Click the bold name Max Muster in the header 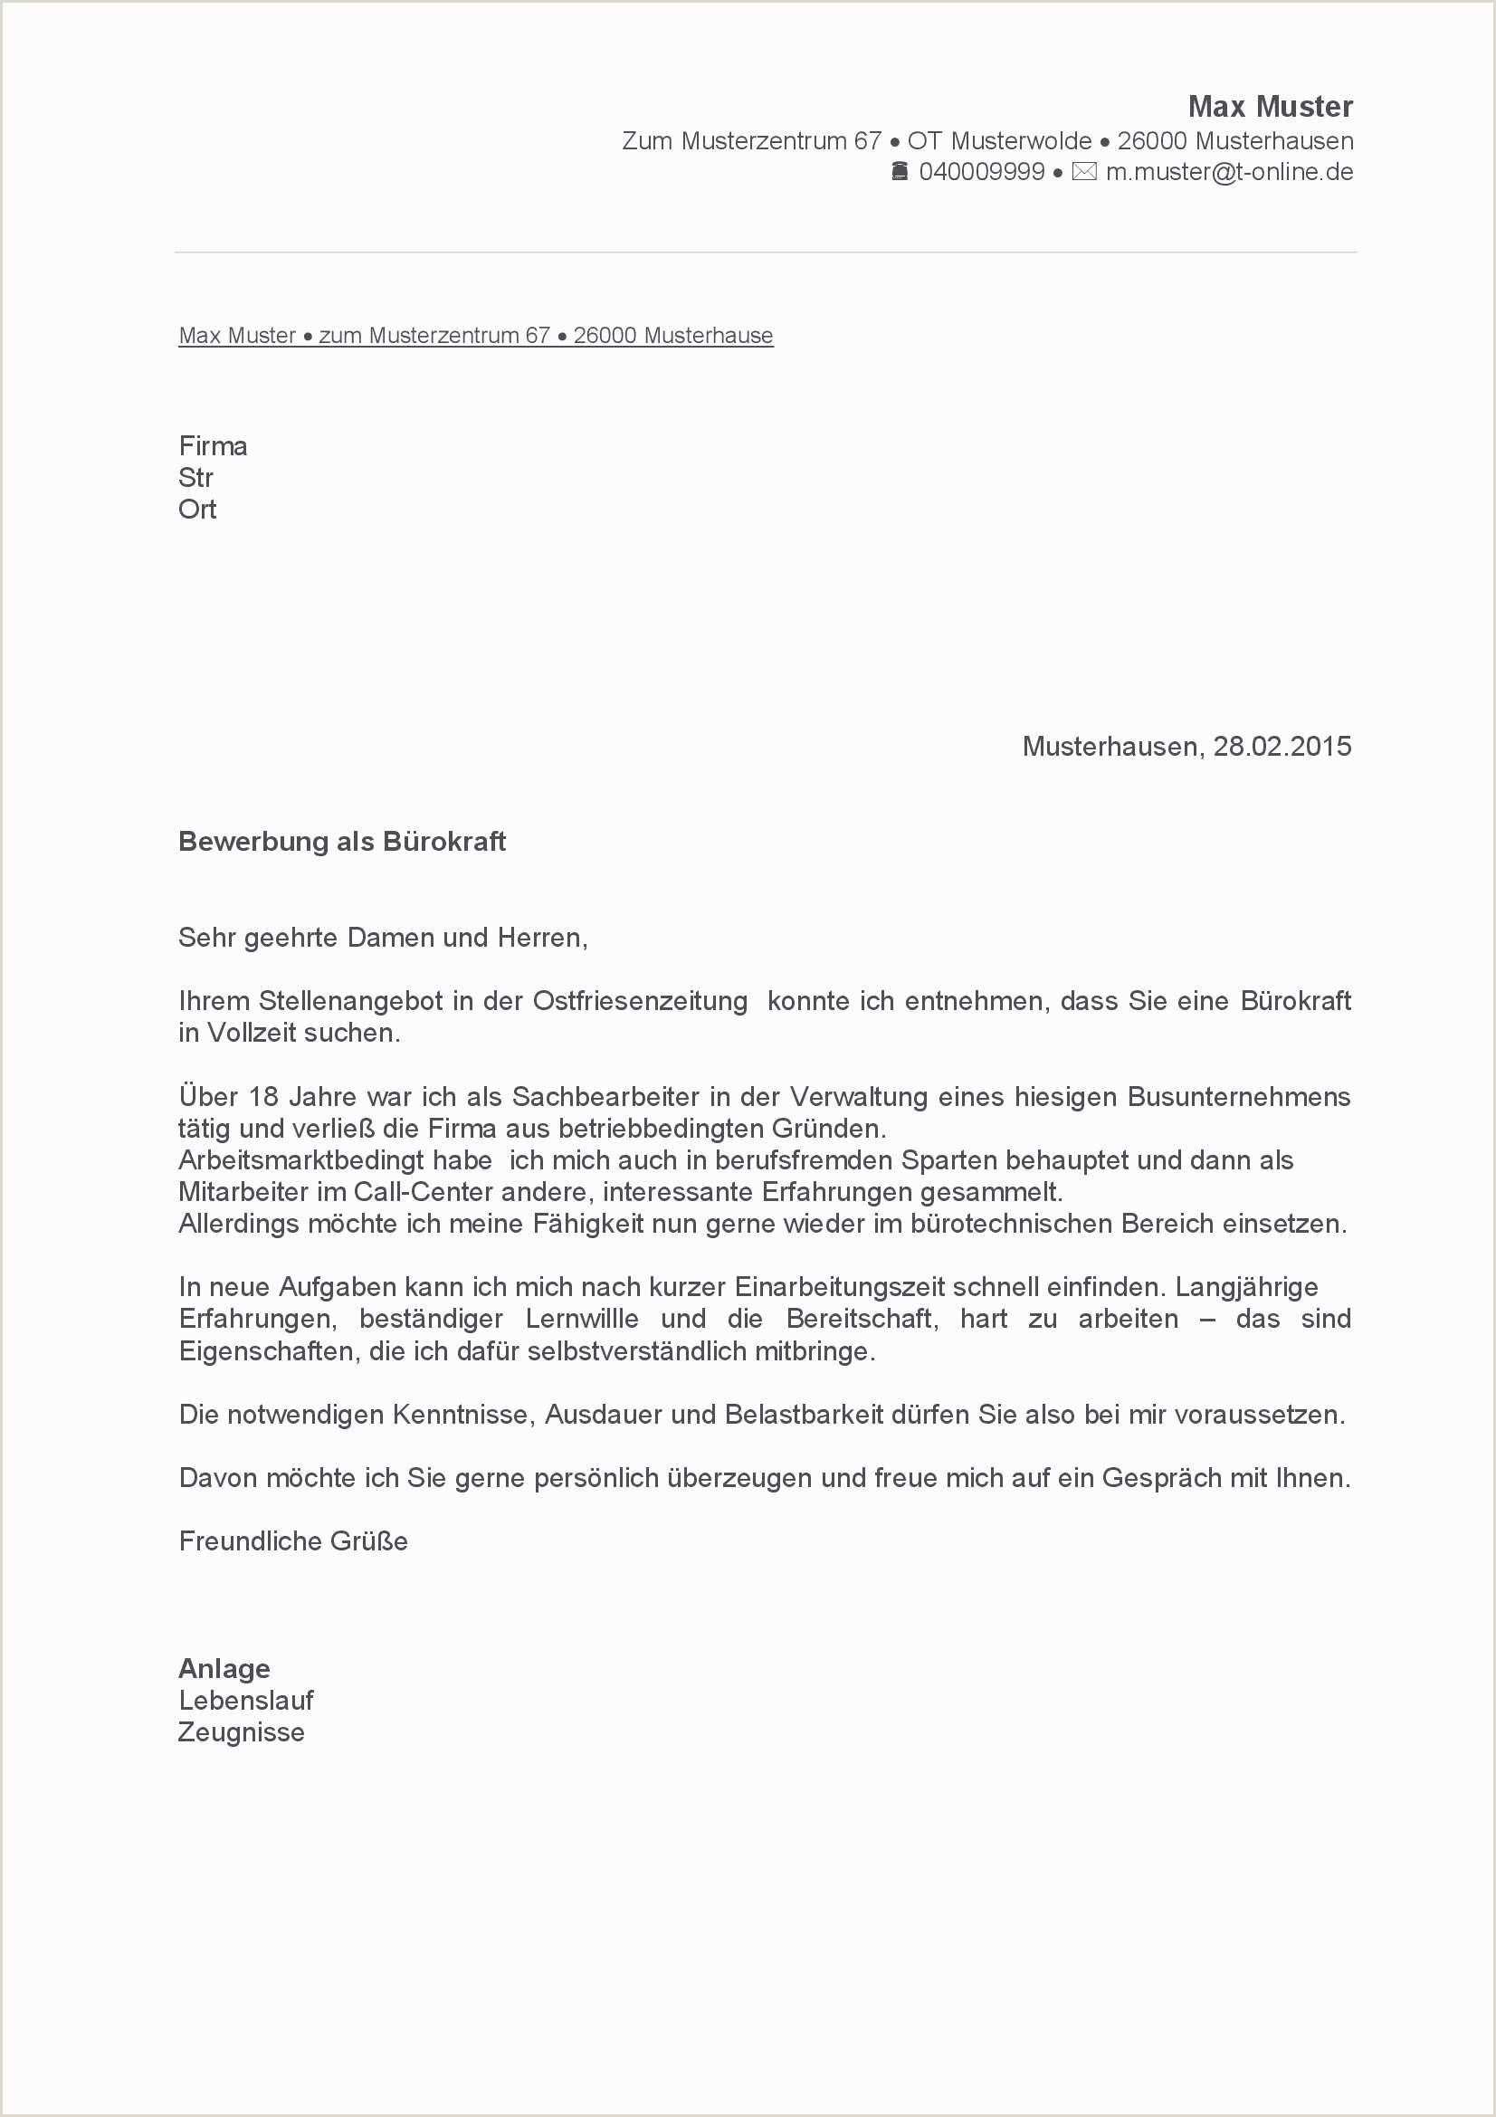pyautogui.click(x=1269, y=107)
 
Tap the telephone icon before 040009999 pyautogui.click(x=900, y=171)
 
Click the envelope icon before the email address pyautogui.click(x=1084, y=171)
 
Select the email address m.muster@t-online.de pyautogui.click(x=1229, y=171)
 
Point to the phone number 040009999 pyautogui.click(x=982, y=171)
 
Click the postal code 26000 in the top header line pyautogui.click(x=1152, y=141)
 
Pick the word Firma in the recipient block pyautogui.click(x=213, y=446)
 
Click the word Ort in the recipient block pyautogui.click(x=197, y=509)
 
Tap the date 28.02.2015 pyautogui.click(x=1282, y=746)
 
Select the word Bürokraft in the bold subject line pyautogui.click(x=444, y=842)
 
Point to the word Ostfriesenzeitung pyautogui.click(x=640, y=1001)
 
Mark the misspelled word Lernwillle pyautogui.click(x=582, y=1319)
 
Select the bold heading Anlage pyautogui.click(x=224, y=1668)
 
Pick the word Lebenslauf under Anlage pyautogui.click(x=246, y=1701)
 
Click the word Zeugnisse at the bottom pyautogui.click(x=241, y=1731)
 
